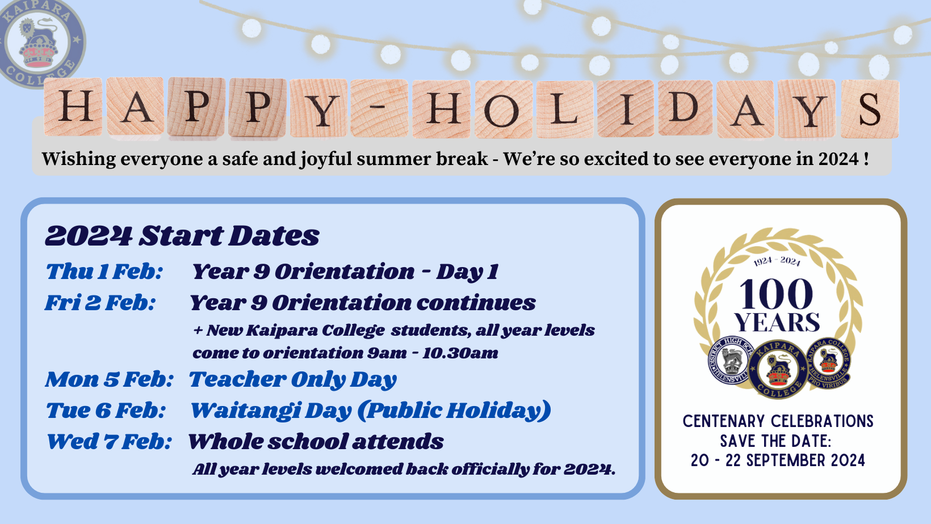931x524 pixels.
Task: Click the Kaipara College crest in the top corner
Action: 41,41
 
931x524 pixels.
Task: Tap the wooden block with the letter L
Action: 565,109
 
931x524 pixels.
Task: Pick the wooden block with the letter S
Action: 870,109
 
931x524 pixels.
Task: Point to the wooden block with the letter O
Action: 504,109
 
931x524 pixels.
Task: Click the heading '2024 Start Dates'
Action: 182,236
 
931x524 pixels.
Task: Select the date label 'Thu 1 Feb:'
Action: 104,272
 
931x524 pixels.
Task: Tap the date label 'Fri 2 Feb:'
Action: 100,302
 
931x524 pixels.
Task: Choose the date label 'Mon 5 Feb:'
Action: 110,379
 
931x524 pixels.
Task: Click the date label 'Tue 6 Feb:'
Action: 106,410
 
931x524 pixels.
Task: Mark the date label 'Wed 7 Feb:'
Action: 109,441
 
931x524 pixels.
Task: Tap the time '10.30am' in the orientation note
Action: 460,353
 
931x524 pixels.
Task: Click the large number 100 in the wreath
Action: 776,294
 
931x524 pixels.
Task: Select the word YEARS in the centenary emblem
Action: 777,322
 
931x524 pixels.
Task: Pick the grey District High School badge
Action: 729,360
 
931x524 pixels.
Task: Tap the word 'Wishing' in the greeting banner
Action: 79,159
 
